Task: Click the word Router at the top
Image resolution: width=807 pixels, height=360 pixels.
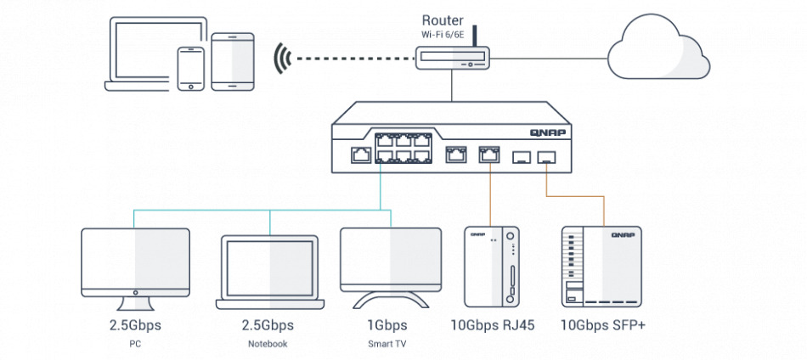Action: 443,18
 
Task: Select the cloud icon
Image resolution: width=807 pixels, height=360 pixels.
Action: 659,49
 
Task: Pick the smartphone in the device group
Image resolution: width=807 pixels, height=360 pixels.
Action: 190,67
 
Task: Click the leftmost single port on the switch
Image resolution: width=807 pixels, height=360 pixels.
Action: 358,155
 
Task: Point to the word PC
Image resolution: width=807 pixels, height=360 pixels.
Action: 134,344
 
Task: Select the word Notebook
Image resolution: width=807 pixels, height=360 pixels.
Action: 269,344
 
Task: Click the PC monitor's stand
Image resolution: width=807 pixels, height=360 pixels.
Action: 134,301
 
